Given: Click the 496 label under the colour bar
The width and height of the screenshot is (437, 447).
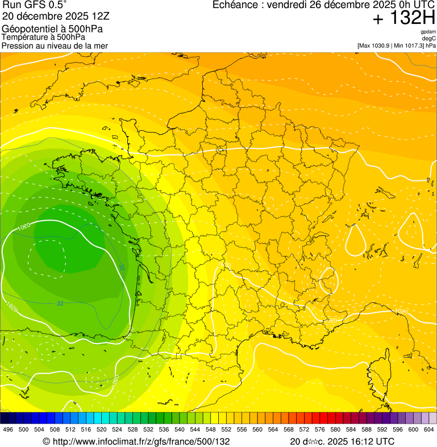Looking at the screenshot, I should point(8,429).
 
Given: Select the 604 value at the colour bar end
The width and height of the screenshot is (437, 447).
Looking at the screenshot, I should point(428,429).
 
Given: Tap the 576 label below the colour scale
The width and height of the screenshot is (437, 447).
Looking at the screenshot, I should point(321,429).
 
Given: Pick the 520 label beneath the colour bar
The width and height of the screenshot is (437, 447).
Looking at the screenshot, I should point(102,429).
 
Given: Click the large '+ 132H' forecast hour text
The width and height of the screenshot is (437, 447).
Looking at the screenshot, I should point(403,19).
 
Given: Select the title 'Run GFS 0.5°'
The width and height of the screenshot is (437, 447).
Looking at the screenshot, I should point(35,6).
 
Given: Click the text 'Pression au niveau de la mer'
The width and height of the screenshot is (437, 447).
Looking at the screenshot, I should point(55,45).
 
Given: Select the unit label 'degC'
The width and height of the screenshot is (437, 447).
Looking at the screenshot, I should point(430,39).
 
